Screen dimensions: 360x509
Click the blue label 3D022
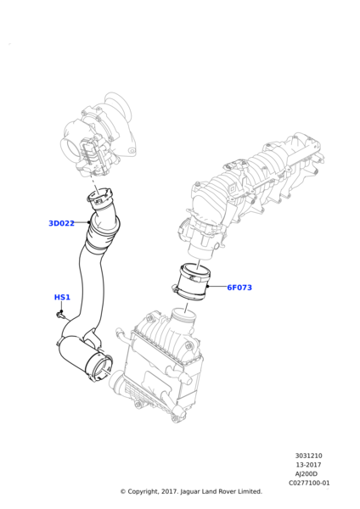tap(61, 223)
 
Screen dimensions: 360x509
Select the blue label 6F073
tap(239, 288)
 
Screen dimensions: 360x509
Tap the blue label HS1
tap(62, 298)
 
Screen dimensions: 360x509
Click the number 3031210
tap(308, 456)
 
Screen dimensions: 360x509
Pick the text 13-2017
tap(308, 465)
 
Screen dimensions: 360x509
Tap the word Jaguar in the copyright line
tap(183, 491)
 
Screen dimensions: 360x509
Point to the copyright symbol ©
tap(122, 491)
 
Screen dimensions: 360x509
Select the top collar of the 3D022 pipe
tap(100, 199)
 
